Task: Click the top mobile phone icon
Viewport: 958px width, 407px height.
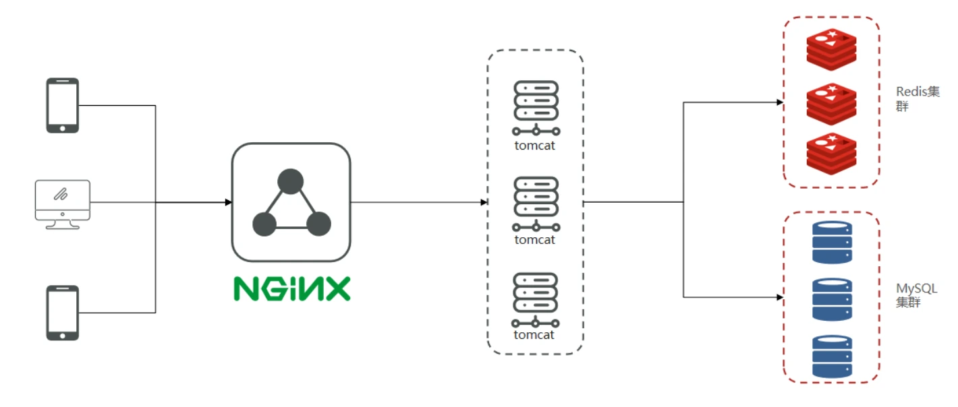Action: click(63, 105)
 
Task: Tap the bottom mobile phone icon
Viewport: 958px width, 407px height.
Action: click(63, 313)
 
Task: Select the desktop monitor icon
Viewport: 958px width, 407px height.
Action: click(63, 205)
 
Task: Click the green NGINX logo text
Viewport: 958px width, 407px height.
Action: click(292, 289)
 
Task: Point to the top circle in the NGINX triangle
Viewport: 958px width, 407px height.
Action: click(290, 181)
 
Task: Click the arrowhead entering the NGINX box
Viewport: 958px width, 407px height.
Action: click(229, 202)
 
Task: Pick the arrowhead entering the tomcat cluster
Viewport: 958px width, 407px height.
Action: click(484, 202)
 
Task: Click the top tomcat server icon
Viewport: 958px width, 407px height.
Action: click(536, 108)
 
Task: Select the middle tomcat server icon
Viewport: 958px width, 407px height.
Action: click(536, 204)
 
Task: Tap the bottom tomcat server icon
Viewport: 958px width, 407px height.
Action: click(536, 301)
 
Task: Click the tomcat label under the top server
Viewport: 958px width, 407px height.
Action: click(534, 146)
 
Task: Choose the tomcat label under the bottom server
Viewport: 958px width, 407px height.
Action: click(534, 335)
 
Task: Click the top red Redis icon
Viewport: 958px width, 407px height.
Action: click(831, 50)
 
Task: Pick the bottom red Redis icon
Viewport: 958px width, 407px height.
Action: click(831, 154)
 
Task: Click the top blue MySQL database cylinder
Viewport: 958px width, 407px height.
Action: click(832, 242)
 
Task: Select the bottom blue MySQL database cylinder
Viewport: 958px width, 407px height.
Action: click(832, 356)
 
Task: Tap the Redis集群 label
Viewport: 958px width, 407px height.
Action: click(918, 98)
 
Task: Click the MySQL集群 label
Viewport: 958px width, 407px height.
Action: click(917, 295)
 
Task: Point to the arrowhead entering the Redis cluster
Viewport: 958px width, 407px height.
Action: click(780, 102)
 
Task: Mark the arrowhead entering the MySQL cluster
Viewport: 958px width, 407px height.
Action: click(780, 296)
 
